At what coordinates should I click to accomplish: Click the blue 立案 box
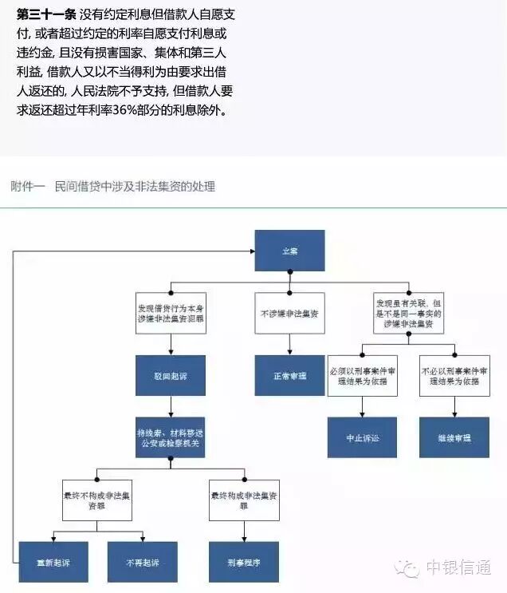coord(289,250)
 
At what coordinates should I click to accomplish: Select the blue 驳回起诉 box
coord(171,374)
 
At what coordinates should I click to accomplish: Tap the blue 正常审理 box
coord(290,374)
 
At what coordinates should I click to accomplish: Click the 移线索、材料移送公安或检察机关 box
coord(171,437)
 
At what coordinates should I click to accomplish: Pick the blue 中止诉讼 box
coord(363,437)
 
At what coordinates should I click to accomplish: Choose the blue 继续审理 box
coord(454,437)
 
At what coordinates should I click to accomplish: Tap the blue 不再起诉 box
coord(143,561)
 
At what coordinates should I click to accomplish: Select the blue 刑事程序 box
coord(244,561)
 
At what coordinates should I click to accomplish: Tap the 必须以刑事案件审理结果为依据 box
coord(363,377)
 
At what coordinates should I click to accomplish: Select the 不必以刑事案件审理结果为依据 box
coord(454,377)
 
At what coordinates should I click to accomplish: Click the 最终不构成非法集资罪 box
coord(97,500)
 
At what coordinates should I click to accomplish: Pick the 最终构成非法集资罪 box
coord(244,500)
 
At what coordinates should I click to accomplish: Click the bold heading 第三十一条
coord(46,15)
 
